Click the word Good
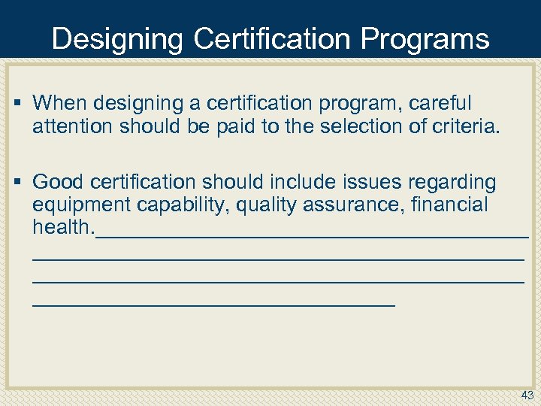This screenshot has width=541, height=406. (x=59, y=183)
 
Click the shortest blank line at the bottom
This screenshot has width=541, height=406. (x=213, y=304)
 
